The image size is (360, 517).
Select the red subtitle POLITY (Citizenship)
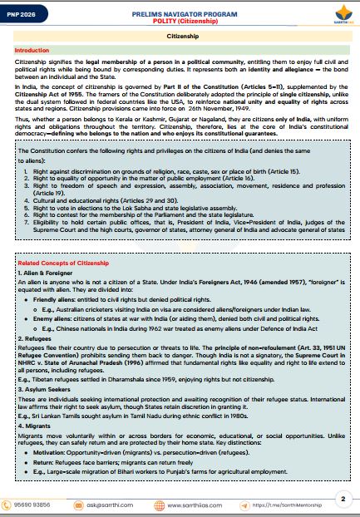point(180,22)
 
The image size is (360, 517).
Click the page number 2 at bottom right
point(343,499)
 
